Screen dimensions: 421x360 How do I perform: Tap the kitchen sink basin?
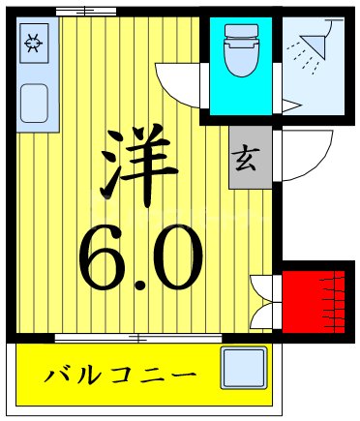(36, 101)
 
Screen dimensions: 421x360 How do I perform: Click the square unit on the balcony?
(243, 370)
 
